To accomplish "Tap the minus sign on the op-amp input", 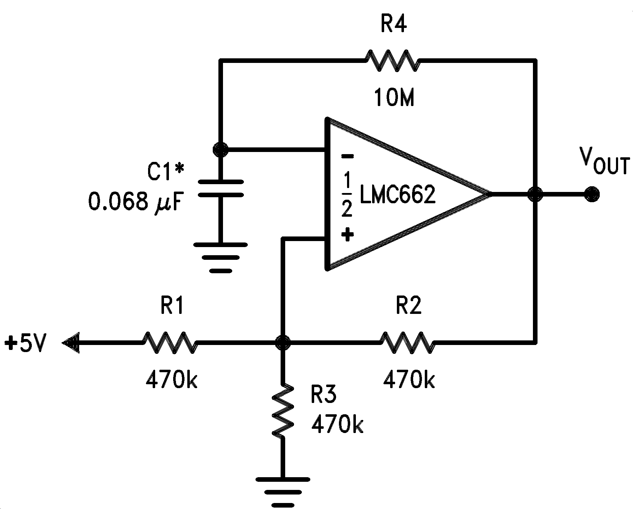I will tap(347, 156).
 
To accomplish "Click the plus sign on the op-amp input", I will tap(347, 234).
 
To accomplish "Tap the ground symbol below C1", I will tap(221, 258).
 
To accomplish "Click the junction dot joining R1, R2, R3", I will tap(283, 342).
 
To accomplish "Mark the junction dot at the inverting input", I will tap(221, 150).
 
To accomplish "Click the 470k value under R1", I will tap(171, 380).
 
